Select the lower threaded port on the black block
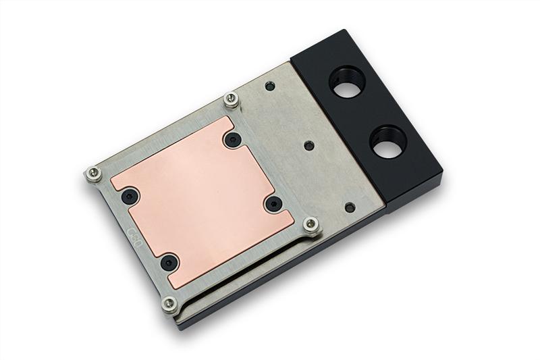tap(388, 143)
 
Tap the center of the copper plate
tap(203, 199)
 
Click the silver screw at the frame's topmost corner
tap(231, 99)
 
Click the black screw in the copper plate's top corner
tap(234, 140)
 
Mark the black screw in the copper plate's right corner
tap(273, 203)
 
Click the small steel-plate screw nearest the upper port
tap(270, 86)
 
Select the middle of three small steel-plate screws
tap(308, 145)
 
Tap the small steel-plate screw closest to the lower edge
tap(350, 207)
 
